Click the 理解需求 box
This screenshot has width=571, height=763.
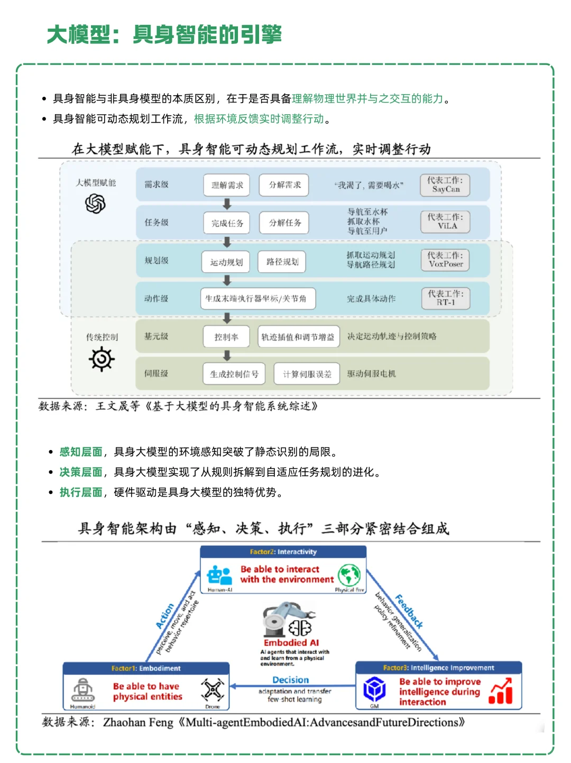click(x=227, y=185)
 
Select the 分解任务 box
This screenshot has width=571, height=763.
click(x=284, y=223)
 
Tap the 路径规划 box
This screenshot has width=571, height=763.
click(x=282, y=262)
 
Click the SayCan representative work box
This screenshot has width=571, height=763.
click(x=445, y=185)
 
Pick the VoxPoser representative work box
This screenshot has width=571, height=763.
click(x=445, y=260)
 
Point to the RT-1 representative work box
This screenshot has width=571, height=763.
click(x=445, y=298)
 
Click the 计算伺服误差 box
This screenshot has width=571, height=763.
click(x=307, y=374)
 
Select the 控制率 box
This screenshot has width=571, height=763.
click(x=226, y=337)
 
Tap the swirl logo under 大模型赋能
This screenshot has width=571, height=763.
click(x=95, y=204)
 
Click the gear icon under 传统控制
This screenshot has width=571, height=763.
click(x=102, y=360)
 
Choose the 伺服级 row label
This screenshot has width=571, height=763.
click(x=156, y=373)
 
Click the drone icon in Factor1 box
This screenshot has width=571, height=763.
click(x=213, y=690)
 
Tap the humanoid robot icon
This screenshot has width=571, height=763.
click(x=83, y=690)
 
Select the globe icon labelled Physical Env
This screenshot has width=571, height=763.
click(x=349, y=575)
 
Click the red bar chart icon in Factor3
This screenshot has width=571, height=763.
click(x=501, y=691)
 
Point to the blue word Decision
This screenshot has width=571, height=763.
click(x=290, y=680)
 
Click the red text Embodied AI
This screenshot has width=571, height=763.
click(x=291, y=643)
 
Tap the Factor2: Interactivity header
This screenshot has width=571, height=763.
click(x=283, y=552)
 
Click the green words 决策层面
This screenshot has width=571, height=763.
click(x=81, y=472)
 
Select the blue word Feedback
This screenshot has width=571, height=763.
click(x=409, y=611)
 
